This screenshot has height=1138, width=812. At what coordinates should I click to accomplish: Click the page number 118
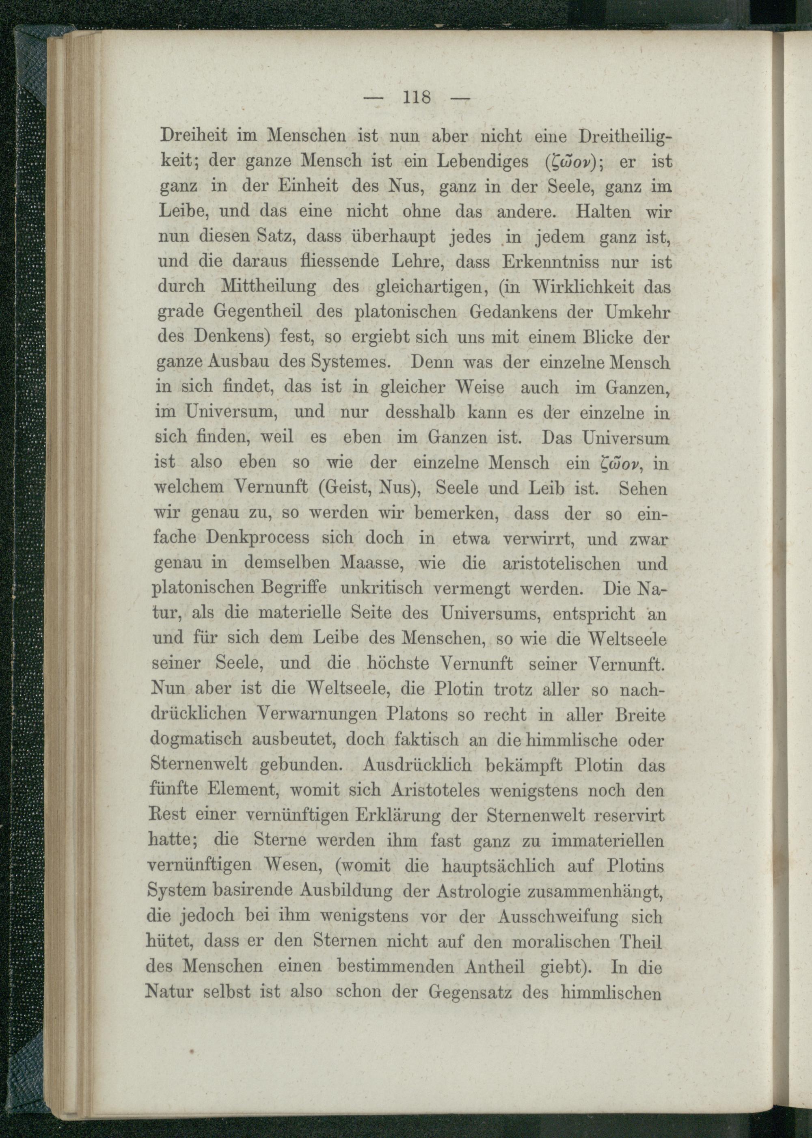tap(416, 97)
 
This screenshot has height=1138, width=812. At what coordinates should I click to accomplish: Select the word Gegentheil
tap(257, 312)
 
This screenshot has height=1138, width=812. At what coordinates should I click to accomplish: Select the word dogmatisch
tap(197, 741)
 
